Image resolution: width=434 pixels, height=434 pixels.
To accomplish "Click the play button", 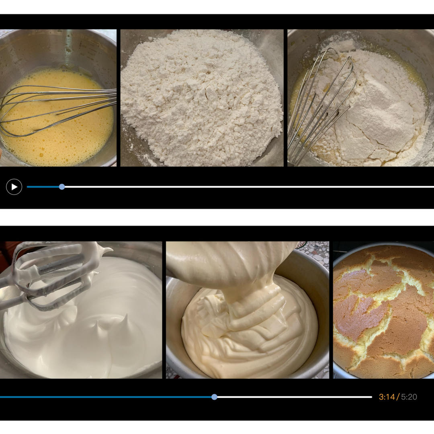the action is click(x=14, y=187).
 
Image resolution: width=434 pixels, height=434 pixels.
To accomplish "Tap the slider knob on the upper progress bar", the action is click(x=62, y=187).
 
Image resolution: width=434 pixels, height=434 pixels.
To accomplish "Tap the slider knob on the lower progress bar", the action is click(x=214, y=397).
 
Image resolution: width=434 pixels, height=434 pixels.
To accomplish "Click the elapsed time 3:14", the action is click(x=387, y=397).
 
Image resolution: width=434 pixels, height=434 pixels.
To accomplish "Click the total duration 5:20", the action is click(x=409, y=397).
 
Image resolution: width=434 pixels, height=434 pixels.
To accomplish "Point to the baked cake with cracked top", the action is click(x=384, y=311).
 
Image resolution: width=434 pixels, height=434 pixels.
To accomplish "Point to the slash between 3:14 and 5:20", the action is click(x=398, y=397).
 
